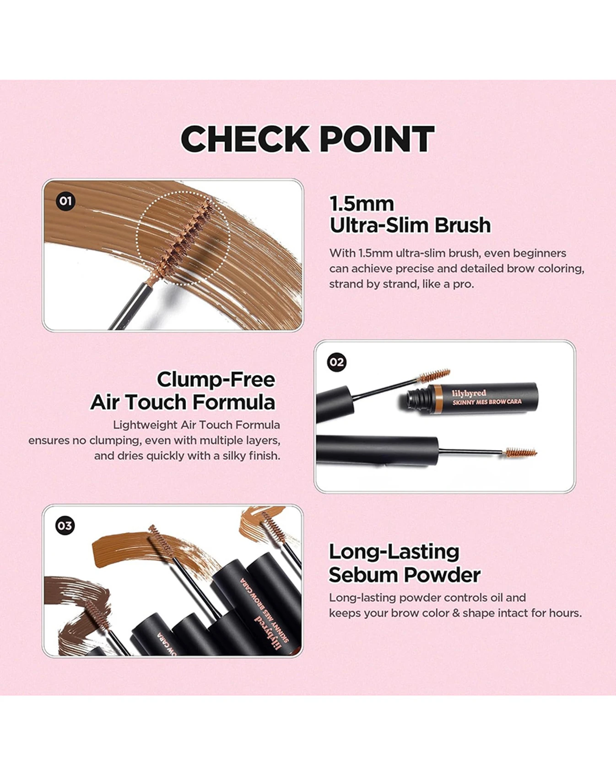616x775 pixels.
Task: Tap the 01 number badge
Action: (x=65, y=201)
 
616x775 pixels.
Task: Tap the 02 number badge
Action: (x=337, y=362)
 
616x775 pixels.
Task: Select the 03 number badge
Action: (x=65, y=526)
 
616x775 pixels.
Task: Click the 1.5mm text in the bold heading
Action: (x=362, y=204)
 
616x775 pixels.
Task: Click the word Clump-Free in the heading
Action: (x=216, y=379)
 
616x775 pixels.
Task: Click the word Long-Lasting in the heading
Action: (x=394, y=552)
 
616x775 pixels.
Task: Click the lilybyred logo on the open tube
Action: (x=469, y=393)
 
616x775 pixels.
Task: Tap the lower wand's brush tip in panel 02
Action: (x=520, y=453)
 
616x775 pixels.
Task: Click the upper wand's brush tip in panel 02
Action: (x=435, y=375)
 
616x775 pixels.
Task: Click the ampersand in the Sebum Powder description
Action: (x=456, y=613)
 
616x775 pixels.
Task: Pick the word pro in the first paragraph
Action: (x=465, y=285)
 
